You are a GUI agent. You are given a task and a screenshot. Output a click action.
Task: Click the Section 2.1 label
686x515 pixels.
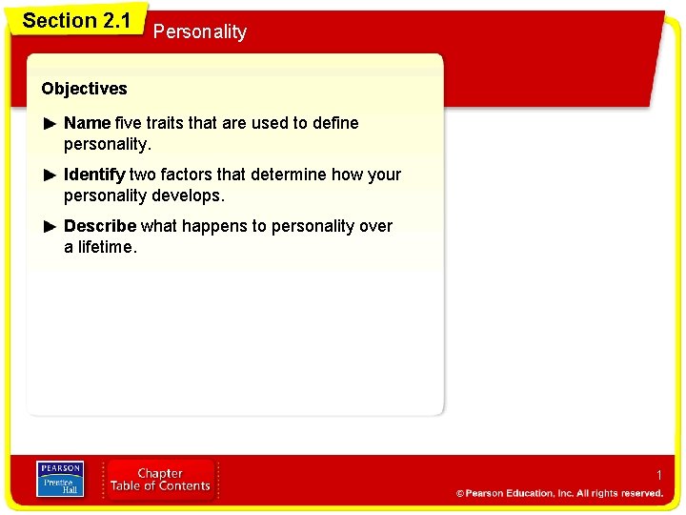click(x=76, y=20)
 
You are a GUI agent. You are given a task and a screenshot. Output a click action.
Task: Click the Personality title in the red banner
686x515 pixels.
click(x=199, y=31)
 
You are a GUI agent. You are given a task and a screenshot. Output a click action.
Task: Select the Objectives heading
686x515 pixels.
click(x=84, y=89)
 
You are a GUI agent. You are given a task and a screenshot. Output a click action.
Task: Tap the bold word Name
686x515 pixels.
click(x=87, y=123)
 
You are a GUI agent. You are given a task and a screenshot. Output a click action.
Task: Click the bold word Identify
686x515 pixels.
click(x=94, y=175)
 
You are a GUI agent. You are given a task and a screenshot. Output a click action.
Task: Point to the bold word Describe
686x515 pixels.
click(x=99, y=226)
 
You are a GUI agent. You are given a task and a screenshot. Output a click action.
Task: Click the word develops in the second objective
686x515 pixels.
click(x=189, y=196)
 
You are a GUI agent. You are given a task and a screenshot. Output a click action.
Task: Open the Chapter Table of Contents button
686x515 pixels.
click(x=160, y=480)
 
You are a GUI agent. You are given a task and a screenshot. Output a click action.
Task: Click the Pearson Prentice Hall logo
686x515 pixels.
click(x=59, y=480)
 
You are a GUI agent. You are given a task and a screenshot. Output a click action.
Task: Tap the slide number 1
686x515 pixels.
click(x=657, y=474)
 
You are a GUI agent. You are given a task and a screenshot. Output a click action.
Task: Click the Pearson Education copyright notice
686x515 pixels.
click(x=559, y=493)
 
